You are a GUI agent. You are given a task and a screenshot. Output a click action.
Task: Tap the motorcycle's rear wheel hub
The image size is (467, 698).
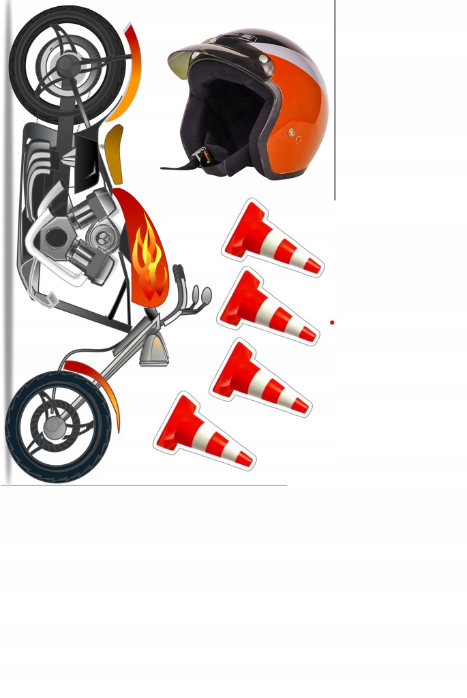click(67, 64)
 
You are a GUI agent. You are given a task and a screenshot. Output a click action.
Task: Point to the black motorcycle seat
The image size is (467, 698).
click(86, 161)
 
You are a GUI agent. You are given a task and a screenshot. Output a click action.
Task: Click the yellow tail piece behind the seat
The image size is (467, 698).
click(115, 153)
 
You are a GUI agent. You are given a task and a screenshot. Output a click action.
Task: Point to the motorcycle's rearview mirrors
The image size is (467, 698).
click(202, 295)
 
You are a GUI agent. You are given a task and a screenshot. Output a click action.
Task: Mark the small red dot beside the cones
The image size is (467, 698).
click(331, 322)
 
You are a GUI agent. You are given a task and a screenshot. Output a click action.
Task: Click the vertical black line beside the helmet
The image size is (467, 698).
click(335, 102)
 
